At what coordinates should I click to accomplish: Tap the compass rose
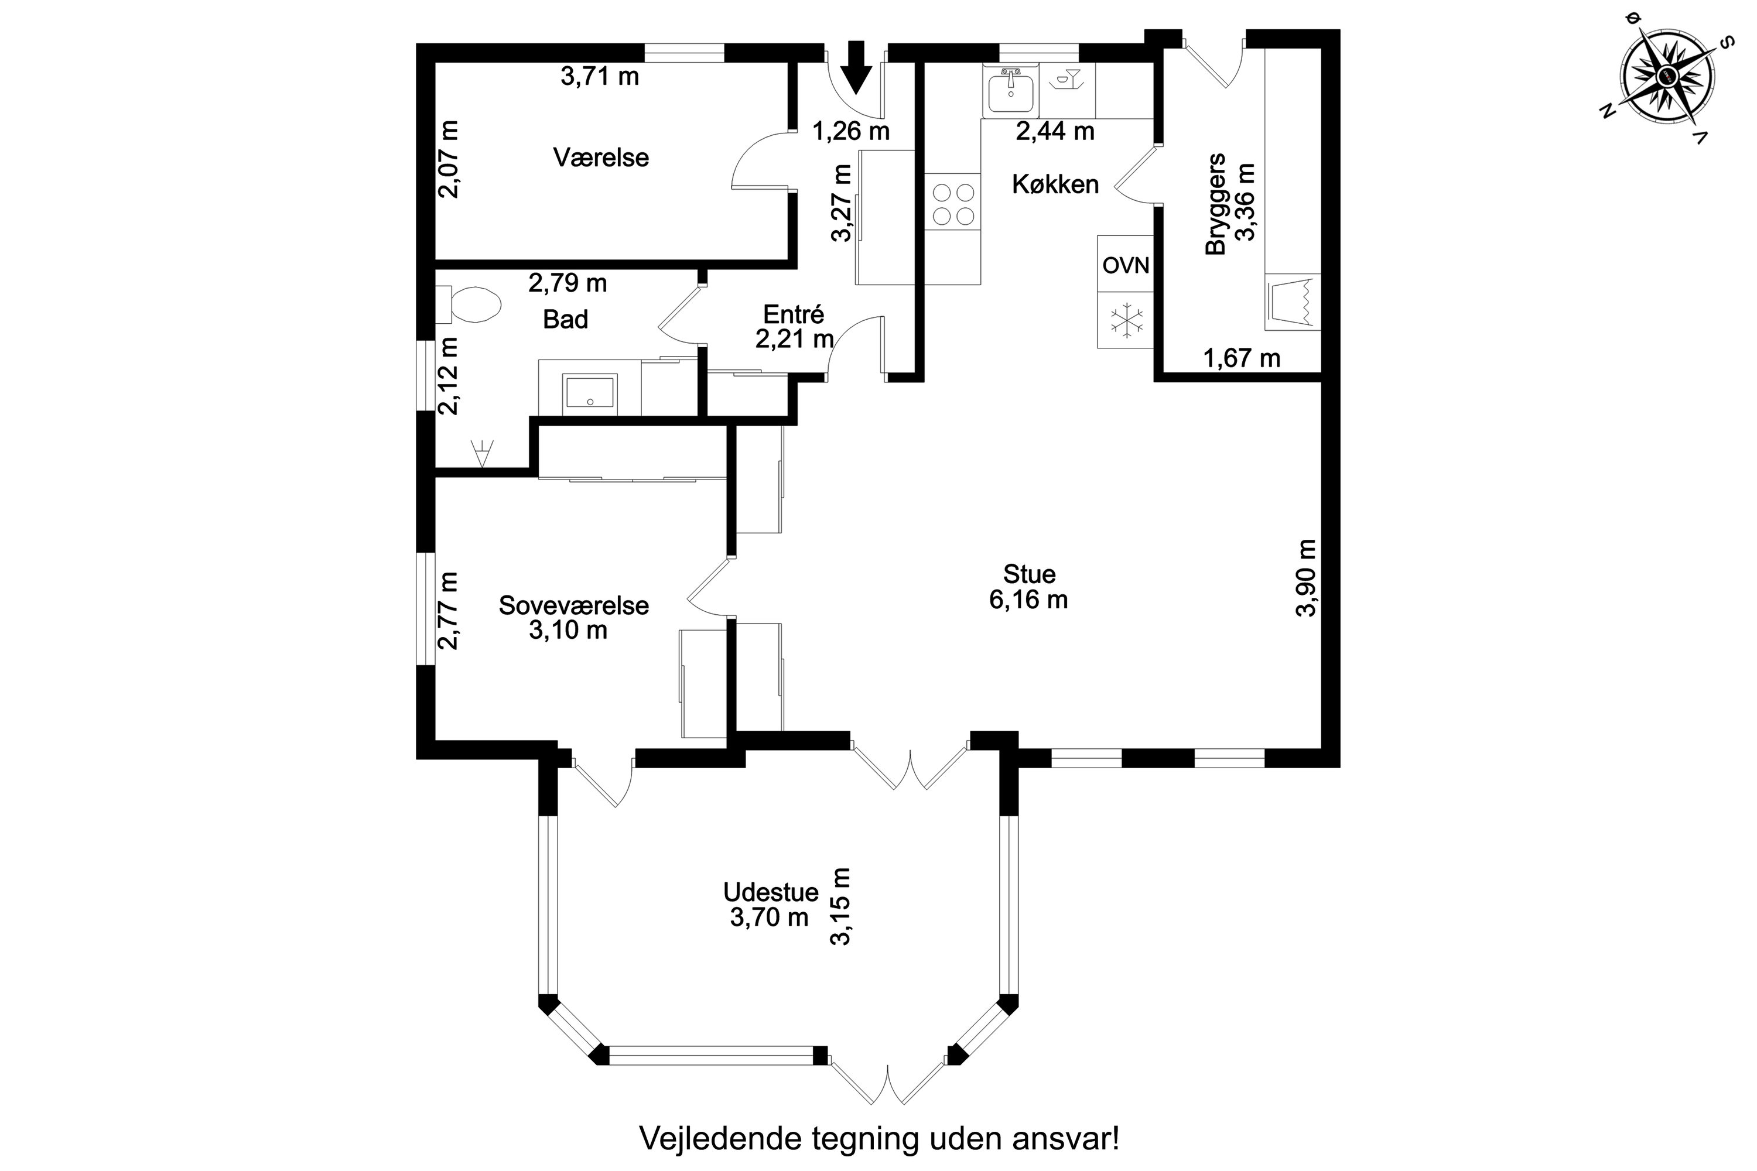click(x=1667, y=76)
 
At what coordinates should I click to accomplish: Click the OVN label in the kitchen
click(x=1125, y=265)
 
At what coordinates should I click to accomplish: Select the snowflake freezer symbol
click(x=1126, y=320)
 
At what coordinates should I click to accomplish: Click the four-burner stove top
click(x=952, y=203)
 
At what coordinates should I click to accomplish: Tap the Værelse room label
click(x=601, y=157)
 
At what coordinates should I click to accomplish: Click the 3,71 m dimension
click(x=600, y=76)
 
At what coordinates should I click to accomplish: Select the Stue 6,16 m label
click(x=1028, y=587)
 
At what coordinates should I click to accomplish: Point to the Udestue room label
click(x=770, y=892)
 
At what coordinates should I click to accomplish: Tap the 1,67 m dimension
click(x=1242, y=358)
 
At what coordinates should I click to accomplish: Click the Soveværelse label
click(x=574, y=605)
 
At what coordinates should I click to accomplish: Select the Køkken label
click(x=1055, y=184)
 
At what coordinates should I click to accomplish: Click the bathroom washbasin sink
click(x=590, y=393)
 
